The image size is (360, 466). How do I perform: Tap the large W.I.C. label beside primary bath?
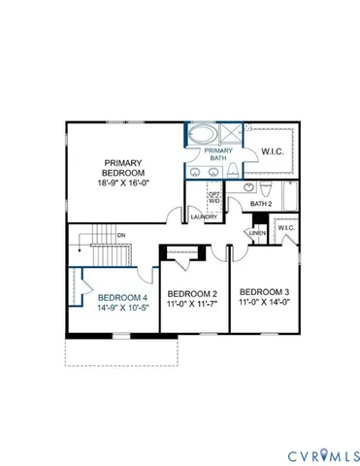273,151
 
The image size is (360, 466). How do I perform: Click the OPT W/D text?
214,198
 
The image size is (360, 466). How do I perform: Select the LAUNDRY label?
203,217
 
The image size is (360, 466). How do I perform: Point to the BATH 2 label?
261,204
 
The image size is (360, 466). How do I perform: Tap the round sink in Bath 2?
248,186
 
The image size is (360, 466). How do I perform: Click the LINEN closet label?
258,234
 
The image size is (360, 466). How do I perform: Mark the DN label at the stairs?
121,235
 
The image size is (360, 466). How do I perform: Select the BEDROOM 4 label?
122,297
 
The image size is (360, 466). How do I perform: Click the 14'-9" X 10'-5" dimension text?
122,309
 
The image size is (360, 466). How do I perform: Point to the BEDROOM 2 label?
192,293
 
